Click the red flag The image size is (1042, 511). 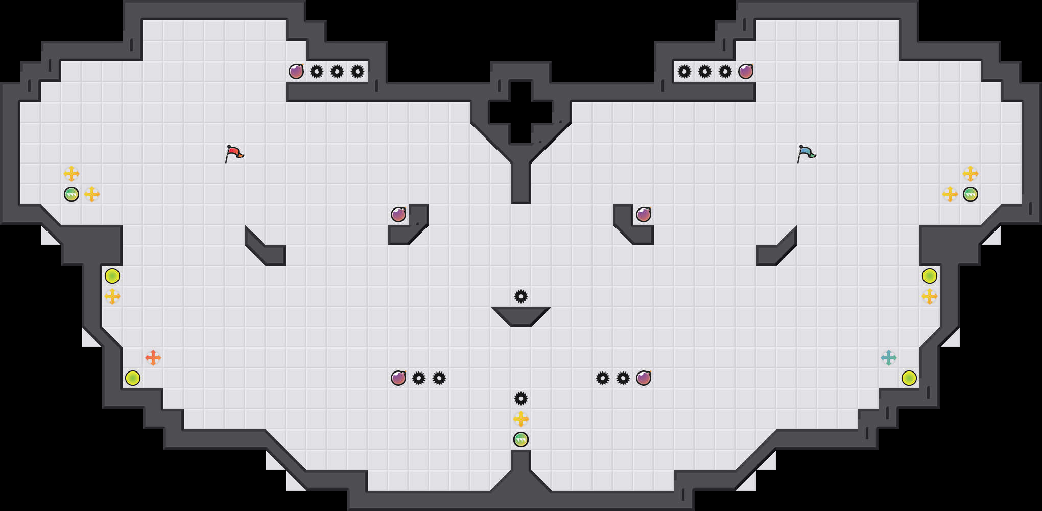pos(234,153)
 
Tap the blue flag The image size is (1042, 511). pos(806,153)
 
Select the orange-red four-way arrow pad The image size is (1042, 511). pos(153,358)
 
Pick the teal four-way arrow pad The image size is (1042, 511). pos(889,358)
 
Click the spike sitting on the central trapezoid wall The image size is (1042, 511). pos(521,296)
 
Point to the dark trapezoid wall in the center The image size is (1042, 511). pos(521,315)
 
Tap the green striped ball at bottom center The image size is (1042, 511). pos(521,439)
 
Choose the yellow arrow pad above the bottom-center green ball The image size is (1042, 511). pos(521,419)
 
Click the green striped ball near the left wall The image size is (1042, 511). pos(72,194)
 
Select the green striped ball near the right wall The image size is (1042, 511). pos(970,194)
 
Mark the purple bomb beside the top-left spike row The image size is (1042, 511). pos(296,72)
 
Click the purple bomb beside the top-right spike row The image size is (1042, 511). pos(746,72)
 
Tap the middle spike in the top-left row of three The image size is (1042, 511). pos(337,72)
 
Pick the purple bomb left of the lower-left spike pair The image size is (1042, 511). pos(398,378)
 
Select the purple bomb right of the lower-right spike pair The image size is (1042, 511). pos(644,378)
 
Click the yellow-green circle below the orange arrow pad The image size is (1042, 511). pos(133,378)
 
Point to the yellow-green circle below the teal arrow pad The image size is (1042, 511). pos(909,378)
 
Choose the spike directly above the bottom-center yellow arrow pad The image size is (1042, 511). pos(521,399)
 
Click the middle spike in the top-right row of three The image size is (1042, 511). pos(705,72)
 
